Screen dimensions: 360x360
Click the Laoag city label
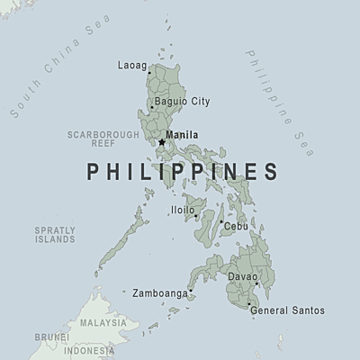(x=130, y=65)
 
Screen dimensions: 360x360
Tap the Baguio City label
(x=182, y=101)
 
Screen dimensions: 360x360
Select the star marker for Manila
(x=161, y=141)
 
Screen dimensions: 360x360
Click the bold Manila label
(x=183, y=136)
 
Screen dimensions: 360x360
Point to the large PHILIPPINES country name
(x=181, y=171)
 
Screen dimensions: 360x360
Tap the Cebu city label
(x=236, y=227)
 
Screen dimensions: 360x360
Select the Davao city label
(x=241, y=276)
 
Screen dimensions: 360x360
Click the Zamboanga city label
(x=159, y=293)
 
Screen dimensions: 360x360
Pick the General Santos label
(x=287, y=310)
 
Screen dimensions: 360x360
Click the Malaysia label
(x=103, y=322)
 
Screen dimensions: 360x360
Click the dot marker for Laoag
(x=149, y=73)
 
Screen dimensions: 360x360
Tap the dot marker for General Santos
(x=248, y=304)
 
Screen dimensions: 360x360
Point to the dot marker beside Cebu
(x=221, y=221)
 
